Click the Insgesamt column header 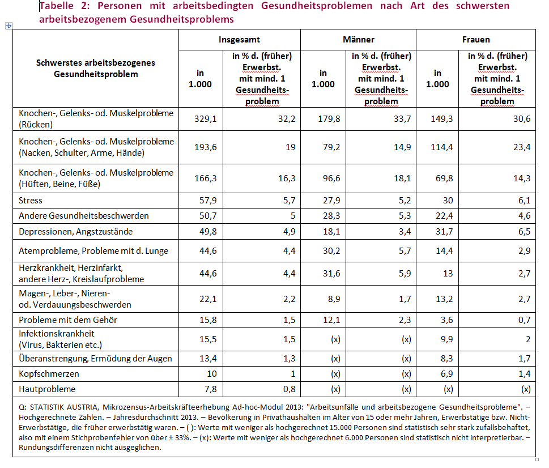pyautogui.click(x=239, y=40)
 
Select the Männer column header pyautogui.click(x=359, y=40)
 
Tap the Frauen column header pyautogui.click(x=476, y=40)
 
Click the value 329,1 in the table pyautogui.click(x=206, y=119)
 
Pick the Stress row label pyautogui.click(x=31, y=201)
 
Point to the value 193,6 pyautogui.click(x=206, y=147)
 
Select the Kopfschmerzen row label pyautogui.click(x=49, y=374)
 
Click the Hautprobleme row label pyautogui.click(x=47, y=389)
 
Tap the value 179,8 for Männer pyautogui.click(x=329, y=119)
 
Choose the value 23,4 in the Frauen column pyautogui.click(x=522, y=147)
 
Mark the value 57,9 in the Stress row pyautogui.click(x=208, y=201)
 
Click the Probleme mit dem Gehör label pyautogui.click(x=68, y=320)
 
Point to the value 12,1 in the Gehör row pyautogui.click(x=331, y=320)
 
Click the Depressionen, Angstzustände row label pyautogui.click(x=75, y=232)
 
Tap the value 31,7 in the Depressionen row pyautogui.click(x=444, y=232)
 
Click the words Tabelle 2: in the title pyautogui.click(x=65, y=6)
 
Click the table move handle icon pyautogui.click(x=8, y=25)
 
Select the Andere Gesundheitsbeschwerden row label pyautogui.click(x=84, y=216)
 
